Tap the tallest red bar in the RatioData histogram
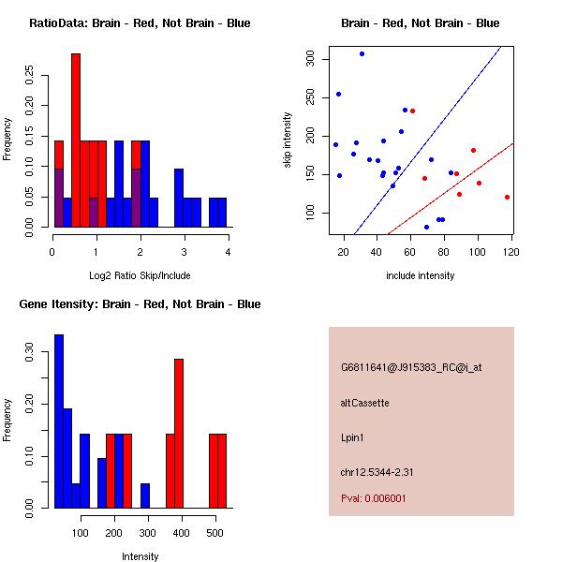click(76, 140)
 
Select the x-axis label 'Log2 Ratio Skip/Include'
click(140, 275)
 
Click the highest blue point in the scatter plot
click(362, 53)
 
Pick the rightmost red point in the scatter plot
click(507, 197)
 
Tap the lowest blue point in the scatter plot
click(426, 227)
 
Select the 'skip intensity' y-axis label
click(288, 140)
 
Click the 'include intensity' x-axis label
click(420, 275)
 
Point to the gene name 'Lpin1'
click(351, 436)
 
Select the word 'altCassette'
click(364, 403)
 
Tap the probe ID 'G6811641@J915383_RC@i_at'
click(411, 368)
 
